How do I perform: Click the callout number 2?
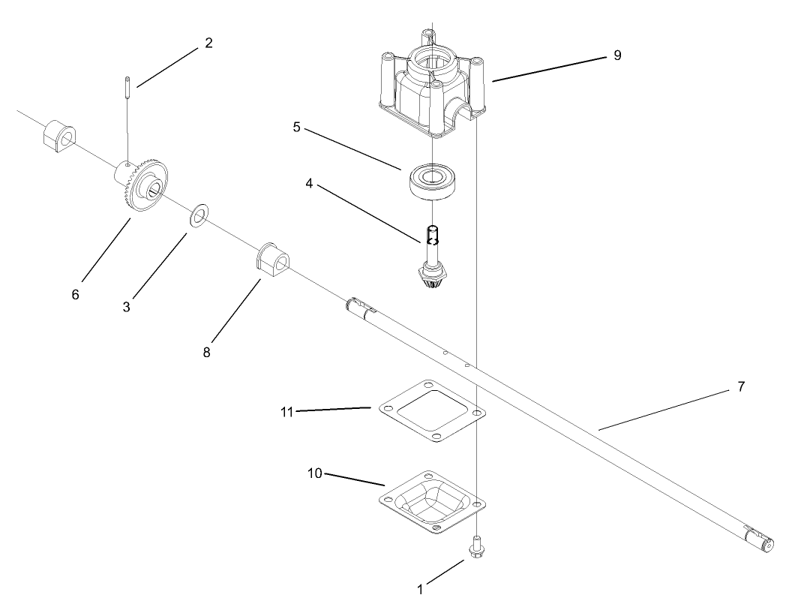[x=208, y=43]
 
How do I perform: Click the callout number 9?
[x=616, y=56]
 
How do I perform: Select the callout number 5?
[x=297, y=127]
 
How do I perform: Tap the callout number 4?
[x=309, y=182]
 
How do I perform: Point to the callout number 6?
[x=75, y=295]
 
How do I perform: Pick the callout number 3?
[x=127, y=307]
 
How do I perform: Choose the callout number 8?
[x=207, y=351]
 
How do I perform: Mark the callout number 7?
[x=741, y=387]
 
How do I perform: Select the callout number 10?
[x=315, y=473]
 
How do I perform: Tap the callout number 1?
[x=420, y=590]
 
